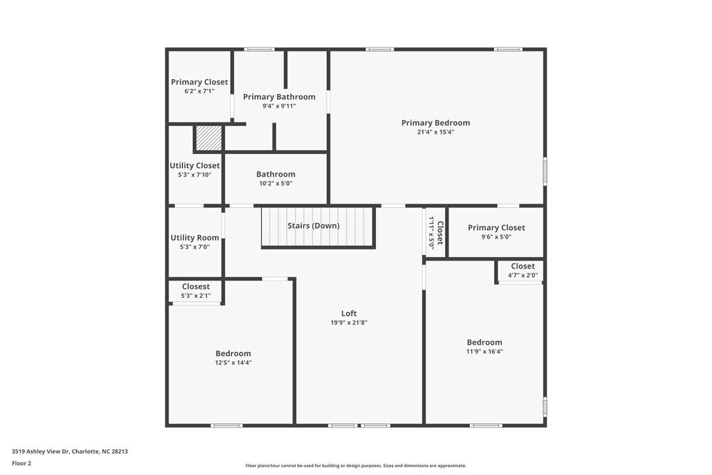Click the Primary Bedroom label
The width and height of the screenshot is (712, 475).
coord(435,122)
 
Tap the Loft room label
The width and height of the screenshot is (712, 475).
coord(349,313)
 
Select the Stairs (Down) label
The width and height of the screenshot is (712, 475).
coord(313,226)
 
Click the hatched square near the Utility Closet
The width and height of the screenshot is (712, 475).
coord(209,138)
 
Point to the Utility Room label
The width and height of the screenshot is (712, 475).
coord(194,238)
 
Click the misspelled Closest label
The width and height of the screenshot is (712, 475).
coord(195,287)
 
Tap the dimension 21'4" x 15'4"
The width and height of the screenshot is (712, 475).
coord(435,132)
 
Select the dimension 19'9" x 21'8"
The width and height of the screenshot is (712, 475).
coord(349,323)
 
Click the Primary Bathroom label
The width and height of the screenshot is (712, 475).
coord(279,97)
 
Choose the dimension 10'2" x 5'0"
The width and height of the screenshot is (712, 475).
coord(276,183)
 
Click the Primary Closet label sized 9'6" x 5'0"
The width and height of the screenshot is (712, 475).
coord(496,228)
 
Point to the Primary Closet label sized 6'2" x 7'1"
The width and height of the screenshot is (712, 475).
coord(199,82)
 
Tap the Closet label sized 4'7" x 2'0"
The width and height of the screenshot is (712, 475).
coord(523,266)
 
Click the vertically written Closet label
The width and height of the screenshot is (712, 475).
coord(440,233)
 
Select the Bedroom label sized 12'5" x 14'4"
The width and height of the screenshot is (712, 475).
coord(234,353)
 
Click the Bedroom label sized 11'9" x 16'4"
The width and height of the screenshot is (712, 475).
coord(484,342)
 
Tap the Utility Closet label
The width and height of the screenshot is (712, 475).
coord(194,166)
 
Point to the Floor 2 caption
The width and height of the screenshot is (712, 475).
coord(21,463)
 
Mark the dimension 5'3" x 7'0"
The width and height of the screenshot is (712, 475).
coord(194,247)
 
